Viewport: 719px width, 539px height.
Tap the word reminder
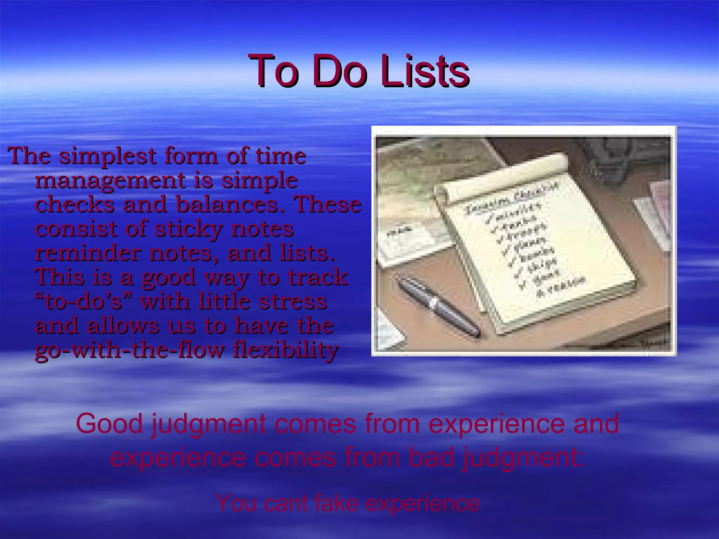(88, 253)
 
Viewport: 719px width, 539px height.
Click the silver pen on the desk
(439, 306)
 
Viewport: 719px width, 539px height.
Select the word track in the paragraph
(318, 277)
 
